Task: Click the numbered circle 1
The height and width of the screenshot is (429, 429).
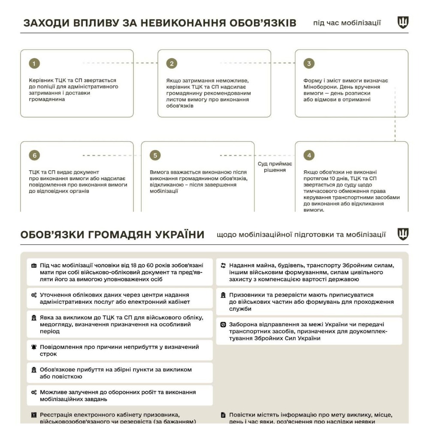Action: pyautogui.click(x=35, y=63)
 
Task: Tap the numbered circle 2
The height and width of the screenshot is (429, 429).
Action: pyautogui.click(x=172, y=63)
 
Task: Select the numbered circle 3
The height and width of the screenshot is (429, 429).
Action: pyautogui.click(x=309, y=63)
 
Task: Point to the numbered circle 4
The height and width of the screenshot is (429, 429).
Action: pyautogui.click(x=309, y=155)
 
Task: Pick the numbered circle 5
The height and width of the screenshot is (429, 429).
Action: pyautogui.click(x=155, y=155)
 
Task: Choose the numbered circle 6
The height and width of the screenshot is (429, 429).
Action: pyautogui.click(x=35, y=155)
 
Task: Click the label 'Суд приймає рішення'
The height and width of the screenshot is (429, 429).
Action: pyautogui.click(x=275, y=167)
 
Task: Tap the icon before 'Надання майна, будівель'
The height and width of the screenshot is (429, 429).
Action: pyautogui.click(x=224, y=266)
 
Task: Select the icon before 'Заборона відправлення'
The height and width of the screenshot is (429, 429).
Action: pyautogui.click(x=224, y=325)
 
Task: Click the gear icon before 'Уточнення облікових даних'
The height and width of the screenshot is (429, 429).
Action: pyautogui.click(x=34, y=295)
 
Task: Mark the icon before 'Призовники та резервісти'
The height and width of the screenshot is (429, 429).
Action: pyautogui.click(x=224, y=295)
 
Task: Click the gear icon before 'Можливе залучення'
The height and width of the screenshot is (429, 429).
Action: pyautogui.click(x=34, y=392)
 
